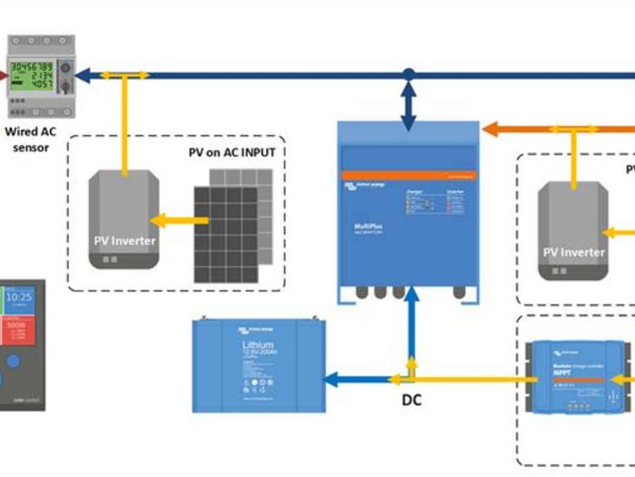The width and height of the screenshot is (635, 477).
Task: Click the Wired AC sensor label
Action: pos(31,139)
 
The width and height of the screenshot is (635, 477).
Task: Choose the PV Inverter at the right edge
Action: pos(573,231)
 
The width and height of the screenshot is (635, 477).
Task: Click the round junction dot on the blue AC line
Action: pos(409,73)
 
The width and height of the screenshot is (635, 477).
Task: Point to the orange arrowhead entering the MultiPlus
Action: pos(490,129)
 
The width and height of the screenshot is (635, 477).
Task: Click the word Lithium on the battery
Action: pos(257,344)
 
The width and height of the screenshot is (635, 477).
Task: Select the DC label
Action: pos(411,400)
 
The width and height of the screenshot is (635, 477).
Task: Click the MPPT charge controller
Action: pos(577,377)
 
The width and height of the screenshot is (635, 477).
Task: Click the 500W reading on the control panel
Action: pos(15,324)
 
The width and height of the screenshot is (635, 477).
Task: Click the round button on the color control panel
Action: pos(13,362)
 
